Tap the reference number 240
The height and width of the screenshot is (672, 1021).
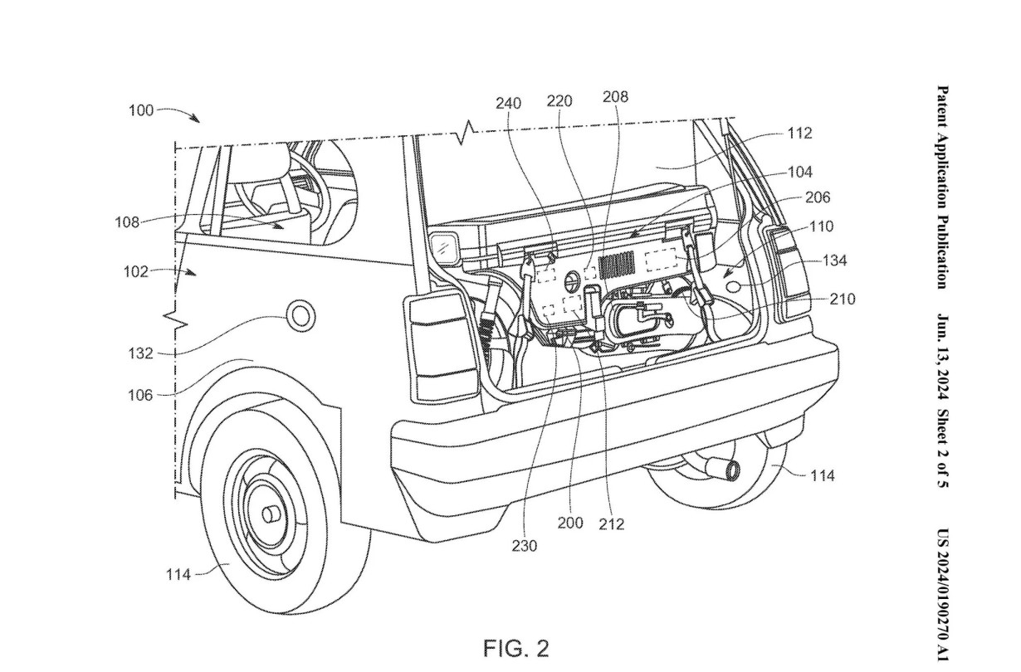tap(508, 104)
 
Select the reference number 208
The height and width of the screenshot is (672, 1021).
tap(614, 96)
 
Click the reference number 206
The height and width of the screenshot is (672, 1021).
tap(817, 197)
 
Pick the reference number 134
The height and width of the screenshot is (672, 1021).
tap(835, 261)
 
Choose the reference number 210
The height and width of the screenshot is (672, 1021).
tap(842, 299)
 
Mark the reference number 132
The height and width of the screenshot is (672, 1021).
tap(140, 353)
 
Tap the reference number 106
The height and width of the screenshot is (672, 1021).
tap(140, 396)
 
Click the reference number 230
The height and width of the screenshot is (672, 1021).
tap(525, 545)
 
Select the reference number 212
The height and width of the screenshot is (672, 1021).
tap(611, 524)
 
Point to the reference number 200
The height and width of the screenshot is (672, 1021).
tap(570, 523)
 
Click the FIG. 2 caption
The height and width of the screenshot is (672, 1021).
tap(516, 647)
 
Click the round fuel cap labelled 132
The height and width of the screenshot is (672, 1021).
tap(300, 316)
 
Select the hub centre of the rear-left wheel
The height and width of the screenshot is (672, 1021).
tap(271, 514)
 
